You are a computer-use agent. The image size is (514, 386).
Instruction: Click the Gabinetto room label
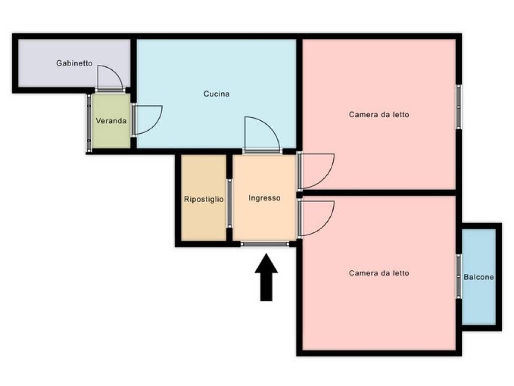[74, 63]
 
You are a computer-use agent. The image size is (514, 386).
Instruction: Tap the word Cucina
[216, 94]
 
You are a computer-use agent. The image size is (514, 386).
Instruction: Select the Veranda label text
[111, 121]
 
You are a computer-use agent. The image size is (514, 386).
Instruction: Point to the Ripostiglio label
[204, 199]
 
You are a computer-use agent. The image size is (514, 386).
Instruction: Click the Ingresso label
[264, 198]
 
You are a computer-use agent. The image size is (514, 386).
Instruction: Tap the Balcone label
[478, 277]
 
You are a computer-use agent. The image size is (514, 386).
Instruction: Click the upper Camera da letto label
[379, 115]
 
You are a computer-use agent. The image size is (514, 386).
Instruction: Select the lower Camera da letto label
[379, 273]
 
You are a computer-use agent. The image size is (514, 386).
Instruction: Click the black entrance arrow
[266, 277]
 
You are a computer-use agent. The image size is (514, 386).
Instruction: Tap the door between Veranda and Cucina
[154, 126]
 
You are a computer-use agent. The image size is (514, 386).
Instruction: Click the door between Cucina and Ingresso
[269, 126]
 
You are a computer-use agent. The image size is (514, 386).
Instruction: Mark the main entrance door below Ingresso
[265, 244]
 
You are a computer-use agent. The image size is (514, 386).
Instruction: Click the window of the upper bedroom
[459, 107]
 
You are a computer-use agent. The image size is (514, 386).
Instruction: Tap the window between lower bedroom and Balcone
[459, 276]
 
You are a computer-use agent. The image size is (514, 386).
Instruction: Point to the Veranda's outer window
[89, 123]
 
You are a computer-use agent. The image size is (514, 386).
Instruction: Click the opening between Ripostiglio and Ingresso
[229, 204]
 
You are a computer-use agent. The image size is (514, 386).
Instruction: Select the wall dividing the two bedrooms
[378, 192]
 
